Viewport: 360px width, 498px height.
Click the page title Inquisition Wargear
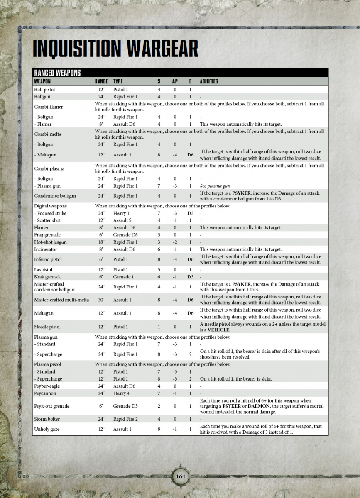pos(115,49)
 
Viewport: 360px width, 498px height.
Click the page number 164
pos(180,476)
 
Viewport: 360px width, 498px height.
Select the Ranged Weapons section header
pos(57,73)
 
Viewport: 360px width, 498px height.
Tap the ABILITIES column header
pos(209,81)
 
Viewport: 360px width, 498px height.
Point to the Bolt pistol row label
pos(44,89)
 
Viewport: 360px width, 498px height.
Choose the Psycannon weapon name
pos(45,393)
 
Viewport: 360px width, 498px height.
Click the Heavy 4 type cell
pos(121,393)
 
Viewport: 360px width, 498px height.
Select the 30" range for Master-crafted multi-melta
pos(101,300)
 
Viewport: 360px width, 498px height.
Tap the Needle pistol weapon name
pos(47,327)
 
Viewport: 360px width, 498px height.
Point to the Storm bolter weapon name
pos(47,419)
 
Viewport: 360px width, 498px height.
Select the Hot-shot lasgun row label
pos(50,242)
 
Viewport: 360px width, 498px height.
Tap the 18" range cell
pos(101,242)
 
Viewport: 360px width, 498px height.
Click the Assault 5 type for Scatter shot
pos(122,220)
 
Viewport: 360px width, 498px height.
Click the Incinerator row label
pos(46,249)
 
